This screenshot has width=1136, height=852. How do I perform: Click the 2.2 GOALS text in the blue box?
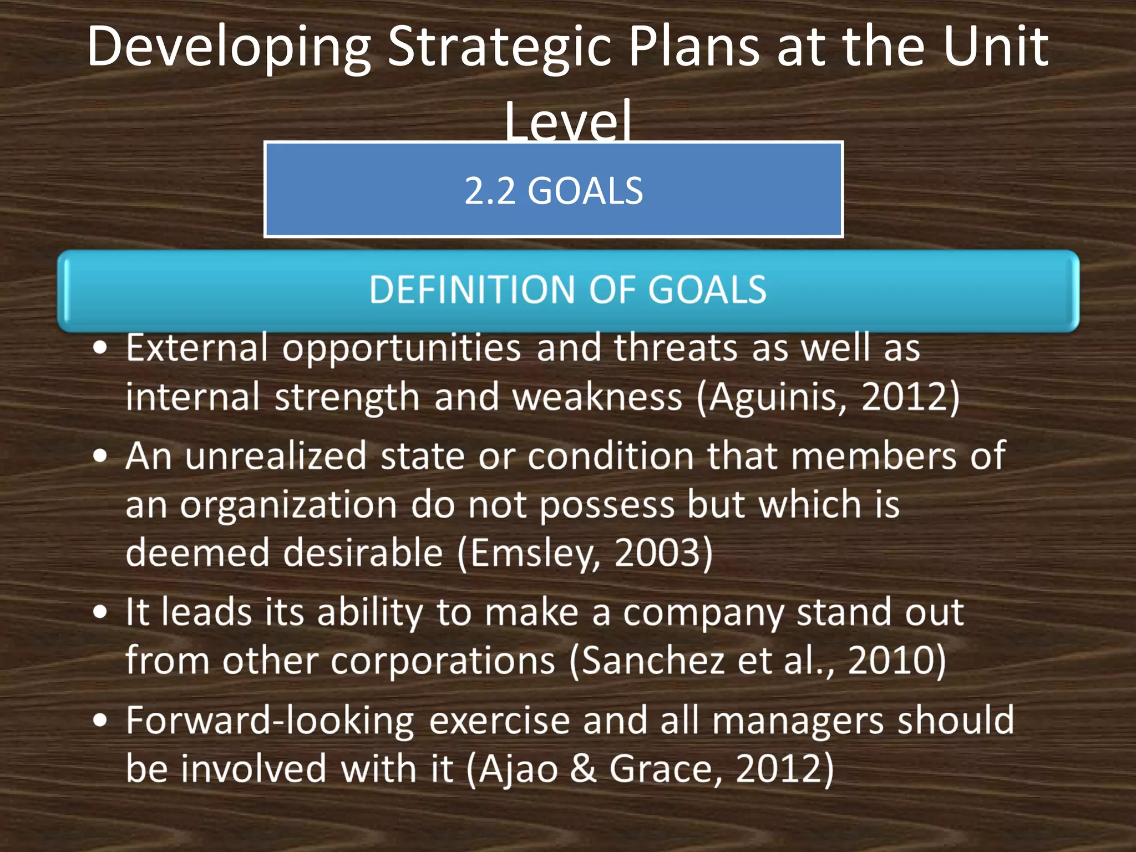tap(554, 191)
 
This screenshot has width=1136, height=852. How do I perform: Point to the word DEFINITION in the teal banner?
tap(472, 290)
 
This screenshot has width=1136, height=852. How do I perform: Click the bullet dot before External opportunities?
tap(100, 348)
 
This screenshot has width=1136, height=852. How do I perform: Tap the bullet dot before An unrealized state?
tap(100, 457)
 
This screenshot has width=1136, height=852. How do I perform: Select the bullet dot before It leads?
tap(100, 612)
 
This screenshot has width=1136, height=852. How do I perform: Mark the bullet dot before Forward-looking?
tap(100, 720)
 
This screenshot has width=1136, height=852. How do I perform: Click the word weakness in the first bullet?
tap(597, 398)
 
